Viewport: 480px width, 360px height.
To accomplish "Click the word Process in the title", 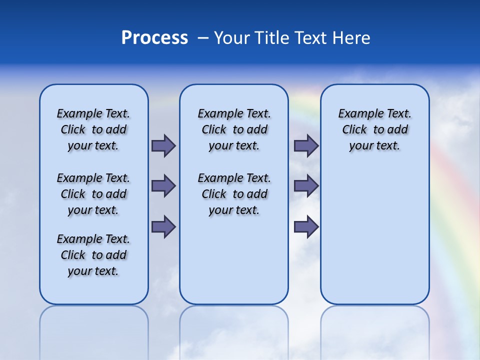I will [x=154, y=38].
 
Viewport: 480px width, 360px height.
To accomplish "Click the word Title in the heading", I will [x=272, y=38].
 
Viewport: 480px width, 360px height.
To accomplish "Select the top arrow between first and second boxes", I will [x=163, y=145].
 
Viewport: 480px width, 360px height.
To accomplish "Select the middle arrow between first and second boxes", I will [x=163, y=186].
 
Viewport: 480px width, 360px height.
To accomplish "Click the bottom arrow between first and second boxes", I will [x=163, y=226].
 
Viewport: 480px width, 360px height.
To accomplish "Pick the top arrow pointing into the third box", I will [x=306, y=145].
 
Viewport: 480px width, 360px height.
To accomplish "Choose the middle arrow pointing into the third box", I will [x=306, y=186].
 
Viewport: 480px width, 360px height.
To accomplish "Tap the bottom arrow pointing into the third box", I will [x=306, y=226].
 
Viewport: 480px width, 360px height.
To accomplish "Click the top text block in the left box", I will [x=93, y=129].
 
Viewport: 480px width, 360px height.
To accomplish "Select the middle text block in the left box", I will [x=93, y=194].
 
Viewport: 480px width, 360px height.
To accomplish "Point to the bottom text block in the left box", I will [x=93, y=255].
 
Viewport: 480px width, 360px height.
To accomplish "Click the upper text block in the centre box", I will [x=234, y=129].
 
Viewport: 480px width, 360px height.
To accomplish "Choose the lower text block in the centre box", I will [x=234, y=194].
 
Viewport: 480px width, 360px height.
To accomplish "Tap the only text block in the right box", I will [x=374, y=129].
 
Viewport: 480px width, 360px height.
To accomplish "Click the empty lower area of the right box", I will [x=374, y=235].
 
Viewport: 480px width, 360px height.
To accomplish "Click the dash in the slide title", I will [x=203, y=38].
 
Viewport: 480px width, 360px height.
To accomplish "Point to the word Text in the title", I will [x=313, y=38].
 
